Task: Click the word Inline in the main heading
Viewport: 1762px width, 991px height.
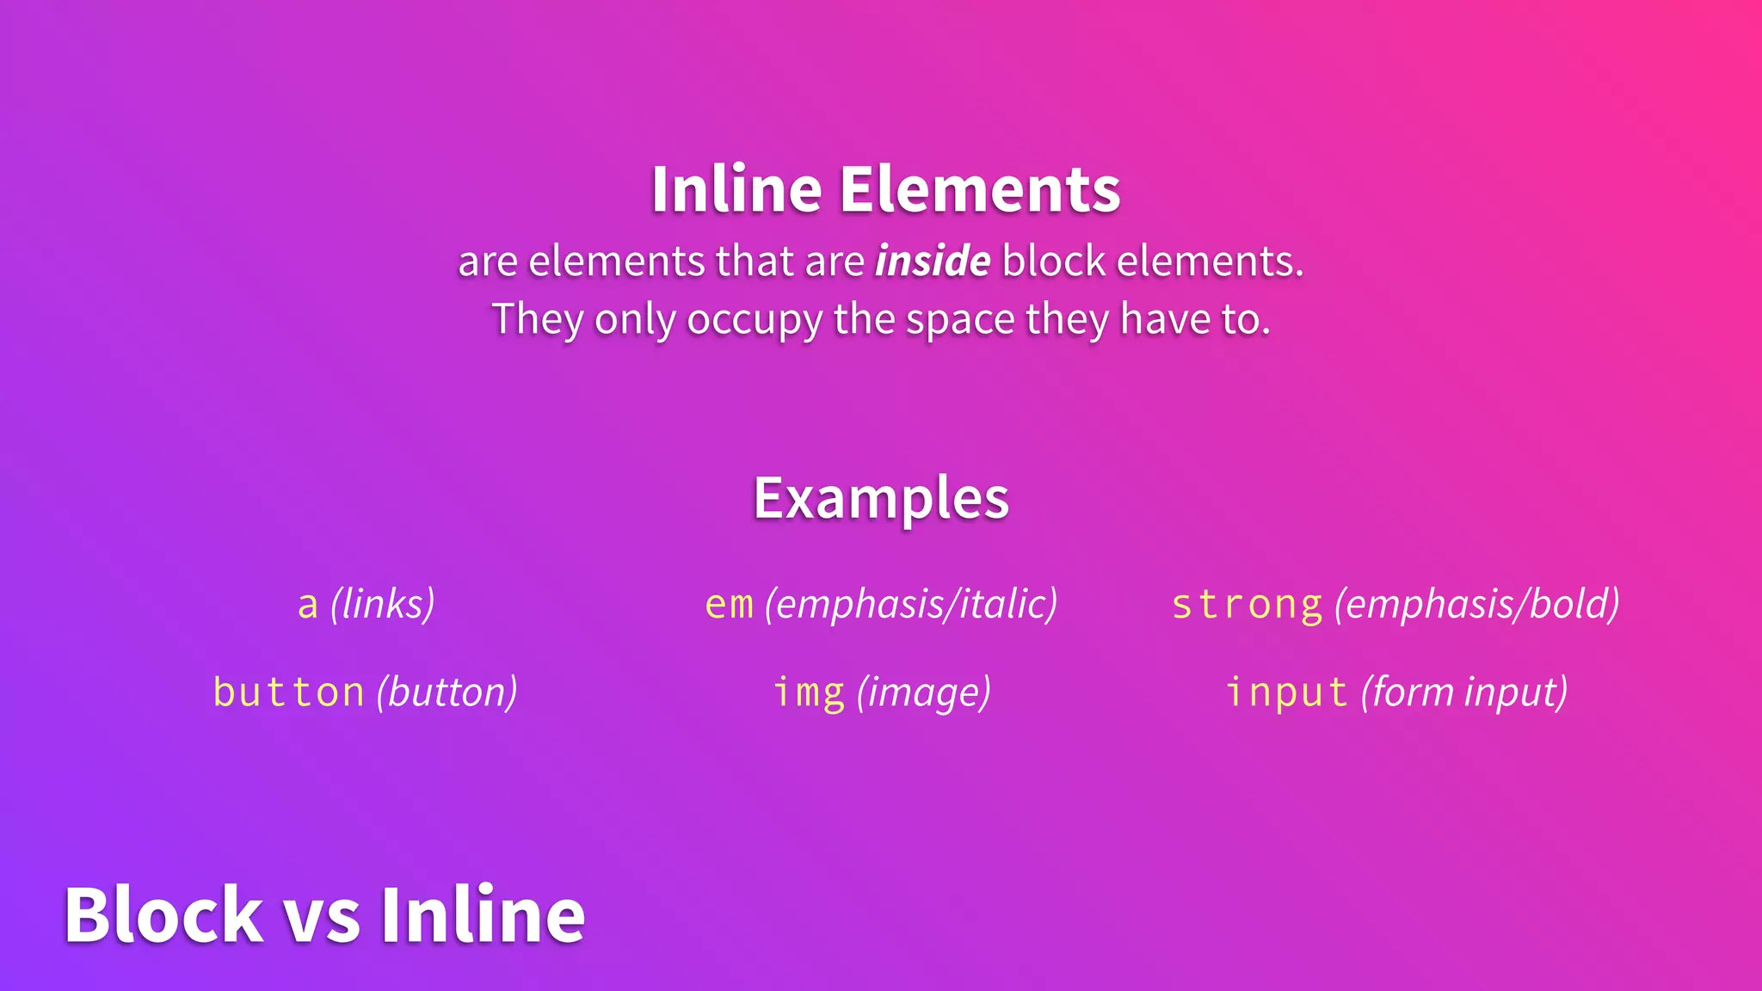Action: click(x=736, y=189)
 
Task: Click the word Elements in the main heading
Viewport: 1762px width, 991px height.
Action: click(x=980, y=189)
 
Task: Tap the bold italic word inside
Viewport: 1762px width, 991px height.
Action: click(x=933, y=261)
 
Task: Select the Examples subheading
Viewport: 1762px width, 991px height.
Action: click(x=881, y=499)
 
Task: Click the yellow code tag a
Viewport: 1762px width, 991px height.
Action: click(x=308, y=605)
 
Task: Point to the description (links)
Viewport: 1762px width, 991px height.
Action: click(x=383, y=604)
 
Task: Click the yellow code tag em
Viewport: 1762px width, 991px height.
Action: click(x=729, y=605)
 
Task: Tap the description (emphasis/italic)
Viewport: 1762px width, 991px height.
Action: click(x=911, y=604)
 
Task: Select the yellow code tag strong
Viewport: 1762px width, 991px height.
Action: click(x=1247, y=605)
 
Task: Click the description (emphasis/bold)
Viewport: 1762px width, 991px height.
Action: click(x=1477, y=604)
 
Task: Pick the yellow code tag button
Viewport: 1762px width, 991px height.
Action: click(x=289, y=692)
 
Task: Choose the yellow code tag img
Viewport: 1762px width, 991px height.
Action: click(x=809, y=692)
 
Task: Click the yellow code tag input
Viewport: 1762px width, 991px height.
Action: click(x=1286, y=692)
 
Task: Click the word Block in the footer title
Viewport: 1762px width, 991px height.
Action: click(x=163, y=914)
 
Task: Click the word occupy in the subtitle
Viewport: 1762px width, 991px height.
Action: click(x=755, y=321)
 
